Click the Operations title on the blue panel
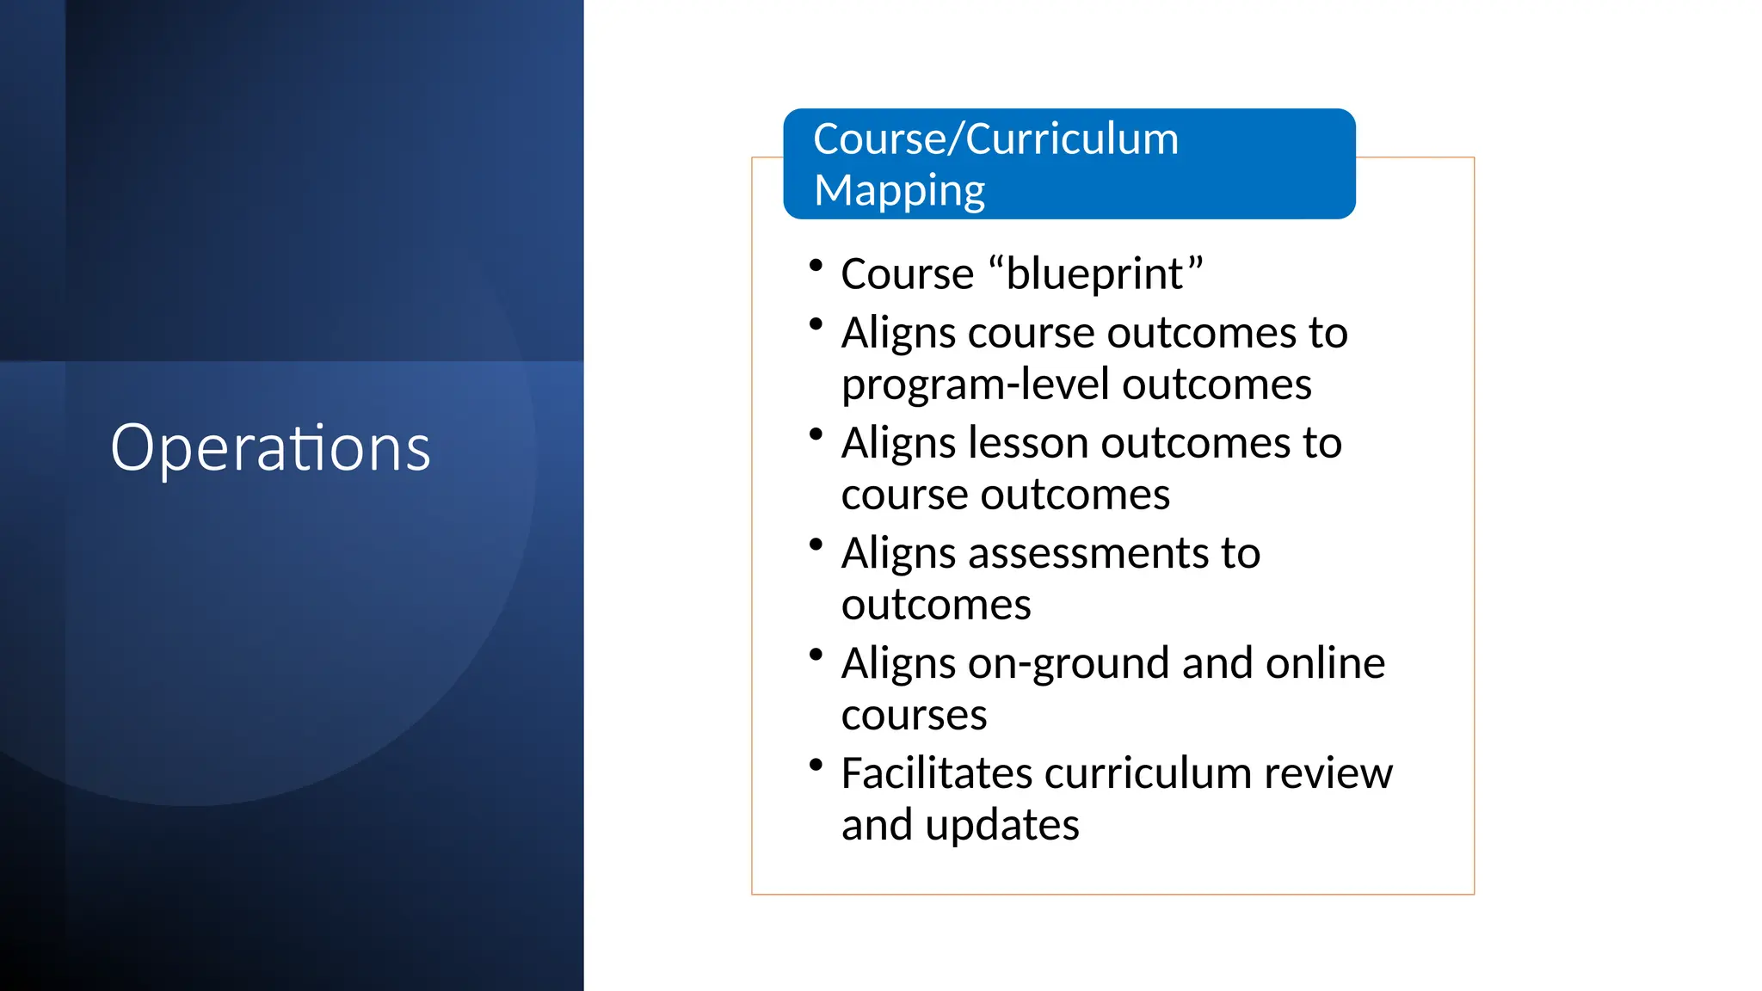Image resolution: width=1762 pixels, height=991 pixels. (x=270, y=448)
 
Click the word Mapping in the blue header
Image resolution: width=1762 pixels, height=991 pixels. (x=899, y=191)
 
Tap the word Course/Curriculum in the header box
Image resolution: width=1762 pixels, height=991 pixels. (x=995, y=139)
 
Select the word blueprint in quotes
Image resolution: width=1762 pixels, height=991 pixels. (x=1094, y=275)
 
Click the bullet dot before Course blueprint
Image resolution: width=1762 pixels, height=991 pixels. (x=816, y=266)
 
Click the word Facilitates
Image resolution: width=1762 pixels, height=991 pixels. (x=936, y=773)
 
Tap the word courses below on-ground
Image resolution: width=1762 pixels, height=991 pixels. (x=914, y=716)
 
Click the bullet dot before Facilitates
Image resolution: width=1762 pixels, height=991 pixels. (x=816, y=764)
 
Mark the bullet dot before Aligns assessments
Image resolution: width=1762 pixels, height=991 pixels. (x=816, y=544)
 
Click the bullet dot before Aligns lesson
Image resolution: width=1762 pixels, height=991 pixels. (x=816, y=434)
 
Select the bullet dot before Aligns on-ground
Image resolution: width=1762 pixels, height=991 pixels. (x=816, y=654)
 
